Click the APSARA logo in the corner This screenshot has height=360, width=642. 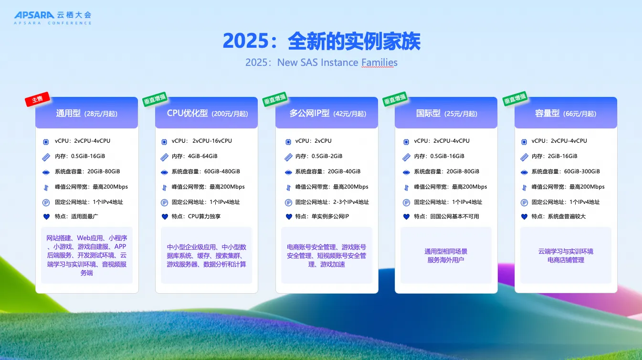pos(53,18)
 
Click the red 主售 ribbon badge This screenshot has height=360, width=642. pos(38,99)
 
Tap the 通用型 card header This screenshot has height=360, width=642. pos(86,113)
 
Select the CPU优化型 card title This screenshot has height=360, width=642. pos(187,113)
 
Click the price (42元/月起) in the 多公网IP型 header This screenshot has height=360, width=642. pos(350,114)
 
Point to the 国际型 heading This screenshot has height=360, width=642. pos(428,113)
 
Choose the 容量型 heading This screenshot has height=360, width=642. pos(547,113)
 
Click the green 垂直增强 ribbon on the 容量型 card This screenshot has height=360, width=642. pos(515,99)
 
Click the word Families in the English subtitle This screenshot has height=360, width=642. pos(379,62)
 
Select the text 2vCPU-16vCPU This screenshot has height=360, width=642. pos(212,141)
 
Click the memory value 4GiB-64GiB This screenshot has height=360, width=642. pos(203,156)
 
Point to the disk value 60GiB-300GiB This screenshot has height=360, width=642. pos(582,171)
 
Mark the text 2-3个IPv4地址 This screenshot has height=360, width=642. pos(351,202)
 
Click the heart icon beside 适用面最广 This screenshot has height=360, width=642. pos(46,216)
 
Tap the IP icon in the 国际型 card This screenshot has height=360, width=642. pos(406,202)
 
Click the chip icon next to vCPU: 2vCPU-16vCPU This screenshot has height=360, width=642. pos(164,142)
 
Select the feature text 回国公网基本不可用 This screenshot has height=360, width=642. pos(454,216)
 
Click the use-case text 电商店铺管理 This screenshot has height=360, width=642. pos(566,260)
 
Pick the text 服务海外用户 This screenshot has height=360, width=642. pos(446,260)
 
